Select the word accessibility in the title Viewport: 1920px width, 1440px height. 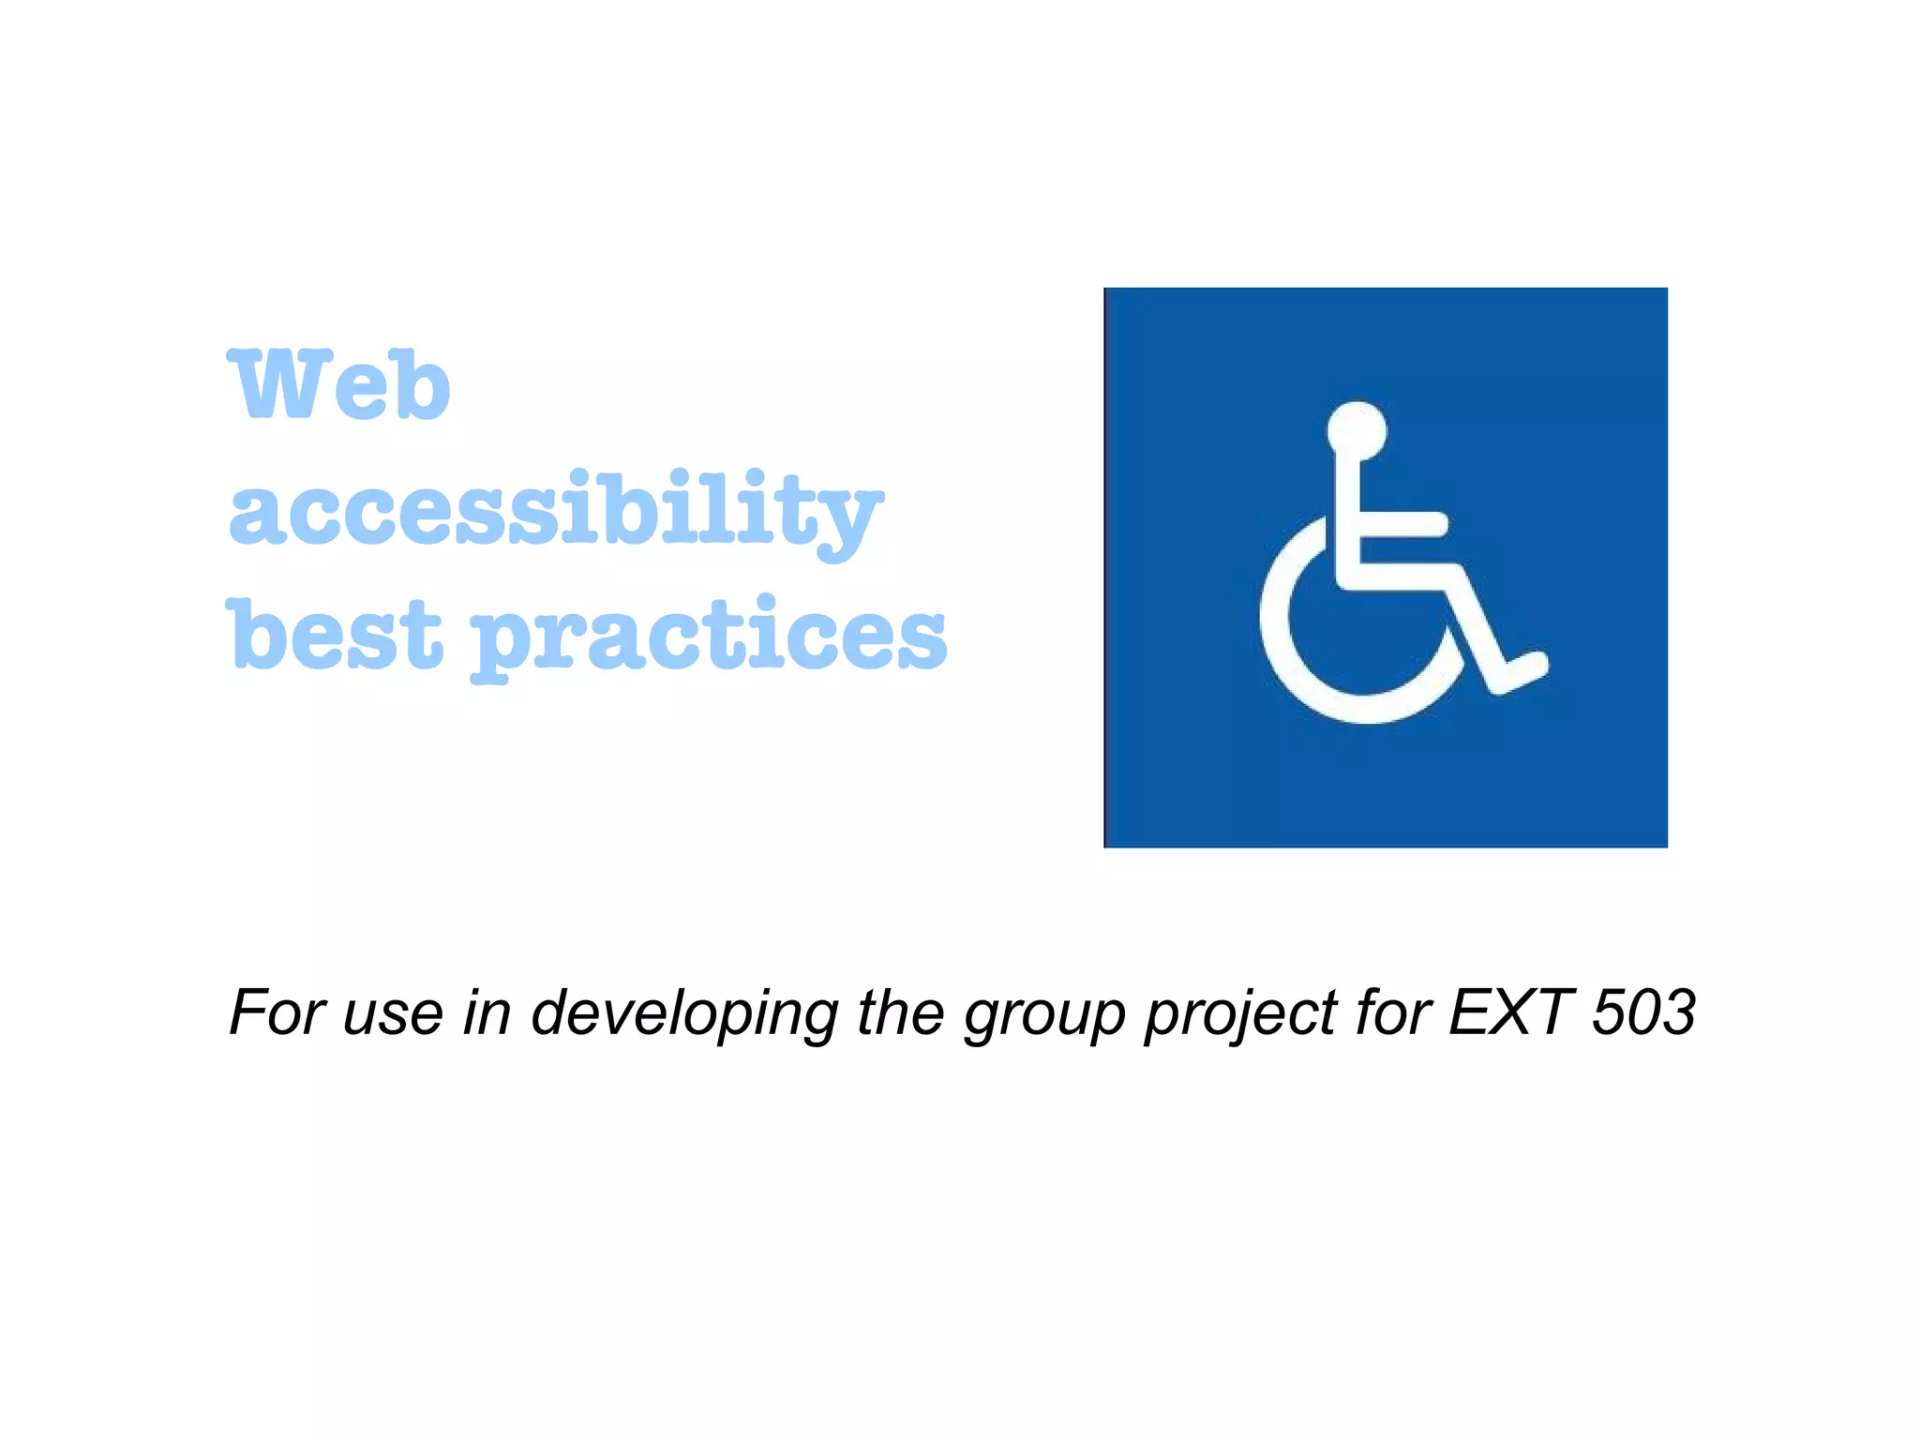[555, 511]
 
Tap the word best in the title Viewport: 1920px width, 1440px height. [334, 635]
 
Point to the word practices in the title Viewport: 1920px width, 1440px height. [709, 637]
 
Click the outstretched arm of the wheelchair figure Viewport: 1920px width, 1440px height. [1402, 524]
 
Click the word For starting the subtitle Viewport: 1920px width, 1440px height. [276, 1012]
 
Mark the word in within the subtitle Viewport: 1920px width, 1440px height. [487, 1012]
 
